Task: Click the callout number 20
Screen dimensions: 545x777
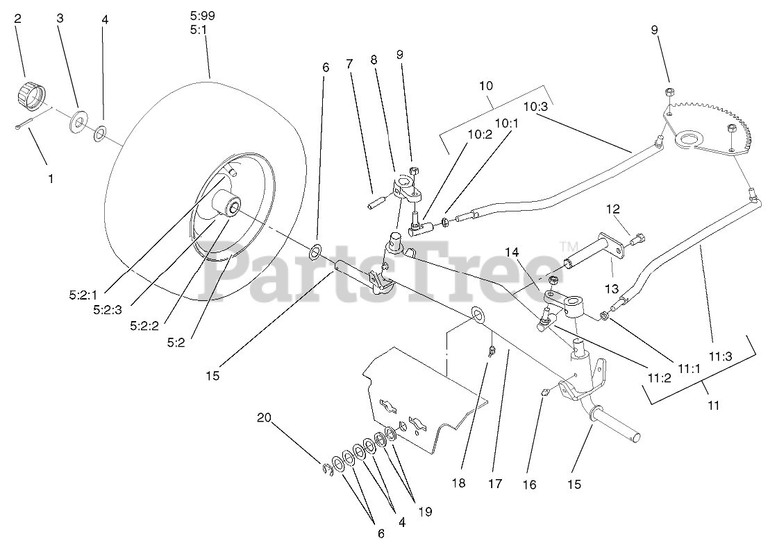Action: click(x=264, y=417)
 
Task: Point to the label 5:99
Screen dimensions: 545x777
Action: click(x=202, y=14)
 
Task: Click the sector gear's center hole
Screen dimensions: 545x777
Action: click(x=691, y=141)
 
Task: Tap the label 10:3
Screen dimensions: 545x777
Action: click(x=535, y=107)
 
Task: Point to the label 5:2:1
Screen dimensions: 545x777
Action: click(x=84, y=294)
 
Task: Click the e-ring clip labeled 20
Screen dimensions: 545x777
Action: click(x=326, y=472)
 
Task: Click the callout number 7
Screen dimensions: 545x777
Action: click(x=349, y=64)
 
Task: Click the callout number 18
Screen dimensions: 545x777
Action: click(x=458, y=484)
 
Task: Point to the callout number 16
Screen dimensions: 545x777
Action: click(x=529, y=485)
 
